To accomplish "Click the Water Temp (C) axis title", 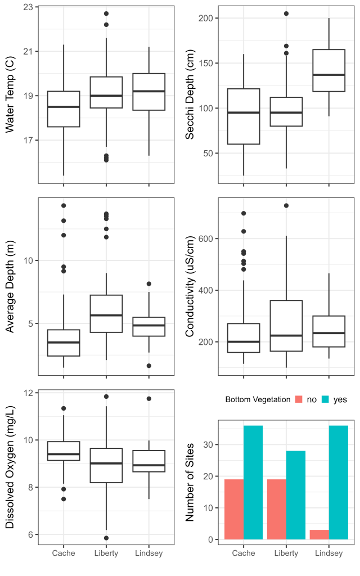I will [10, 96].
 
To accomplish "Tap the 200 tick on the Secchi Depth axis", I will [206, 19].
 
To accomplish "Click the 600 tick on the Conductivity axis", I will [206, 238].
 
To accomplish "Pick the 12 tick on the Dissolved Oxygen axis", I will [28, 393].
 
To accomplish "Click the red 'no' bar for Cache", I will [234, 509].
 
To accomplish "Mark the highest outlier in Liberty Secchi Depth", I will [286, 13].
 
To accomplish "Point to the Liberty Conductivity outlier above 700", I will [286, 206].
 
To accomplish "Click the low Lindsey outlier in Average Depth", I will [149, 366].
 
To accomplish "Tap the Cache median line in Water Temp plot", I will [63, 107].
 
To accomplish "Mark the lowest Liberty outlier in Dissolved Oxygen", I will [106, 538].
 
